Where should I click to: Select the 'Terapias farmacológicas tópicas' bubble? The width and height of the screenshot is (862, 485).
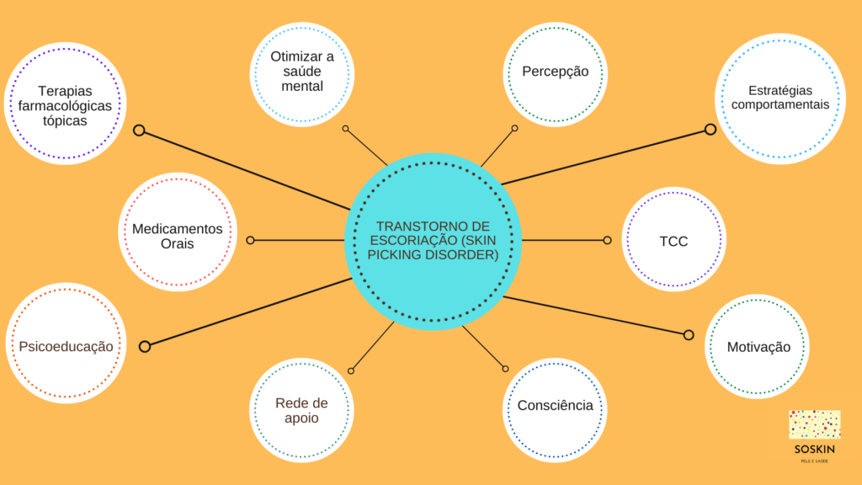[65, 105]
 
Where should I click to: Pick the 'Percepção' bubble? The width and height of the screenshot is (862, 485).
[555, 72]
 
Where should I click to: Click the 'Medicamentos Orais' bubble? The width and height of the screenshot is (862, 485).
[177, 236]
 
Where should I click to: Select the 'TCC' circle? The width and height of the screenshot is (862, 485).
[673, 241]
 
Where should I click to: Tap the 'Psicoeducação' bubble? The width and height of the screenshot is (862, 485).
[66, 346]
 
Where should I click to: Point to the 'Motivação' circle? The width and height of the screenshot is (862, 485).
[758, 347]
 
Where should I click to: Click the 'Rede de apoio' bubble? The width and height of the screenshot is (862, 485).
[301, 410]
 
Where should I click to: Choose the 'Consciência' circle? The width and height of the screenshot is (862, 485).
[555, 406]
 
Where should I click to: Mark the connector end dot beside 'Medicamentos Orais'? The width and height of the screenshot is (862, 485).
[250, 240]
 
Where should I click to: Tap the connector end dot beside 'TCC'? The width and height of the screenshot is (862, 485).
[607, 240]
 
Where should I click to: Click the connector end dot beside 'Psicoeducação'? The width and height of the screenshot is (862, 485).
[144, 346]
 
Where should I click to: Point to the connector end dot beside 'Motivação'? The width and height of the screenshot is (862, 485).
[689, 335]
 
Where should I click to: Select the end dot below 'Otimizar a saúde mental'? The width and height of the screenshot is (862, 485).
[345, 129]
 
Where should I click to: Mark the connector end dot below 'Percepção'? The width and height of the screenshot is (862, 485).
[514, 129]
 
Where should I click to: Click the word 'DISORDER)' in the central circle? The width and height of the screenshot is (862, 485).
[462, 254]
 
